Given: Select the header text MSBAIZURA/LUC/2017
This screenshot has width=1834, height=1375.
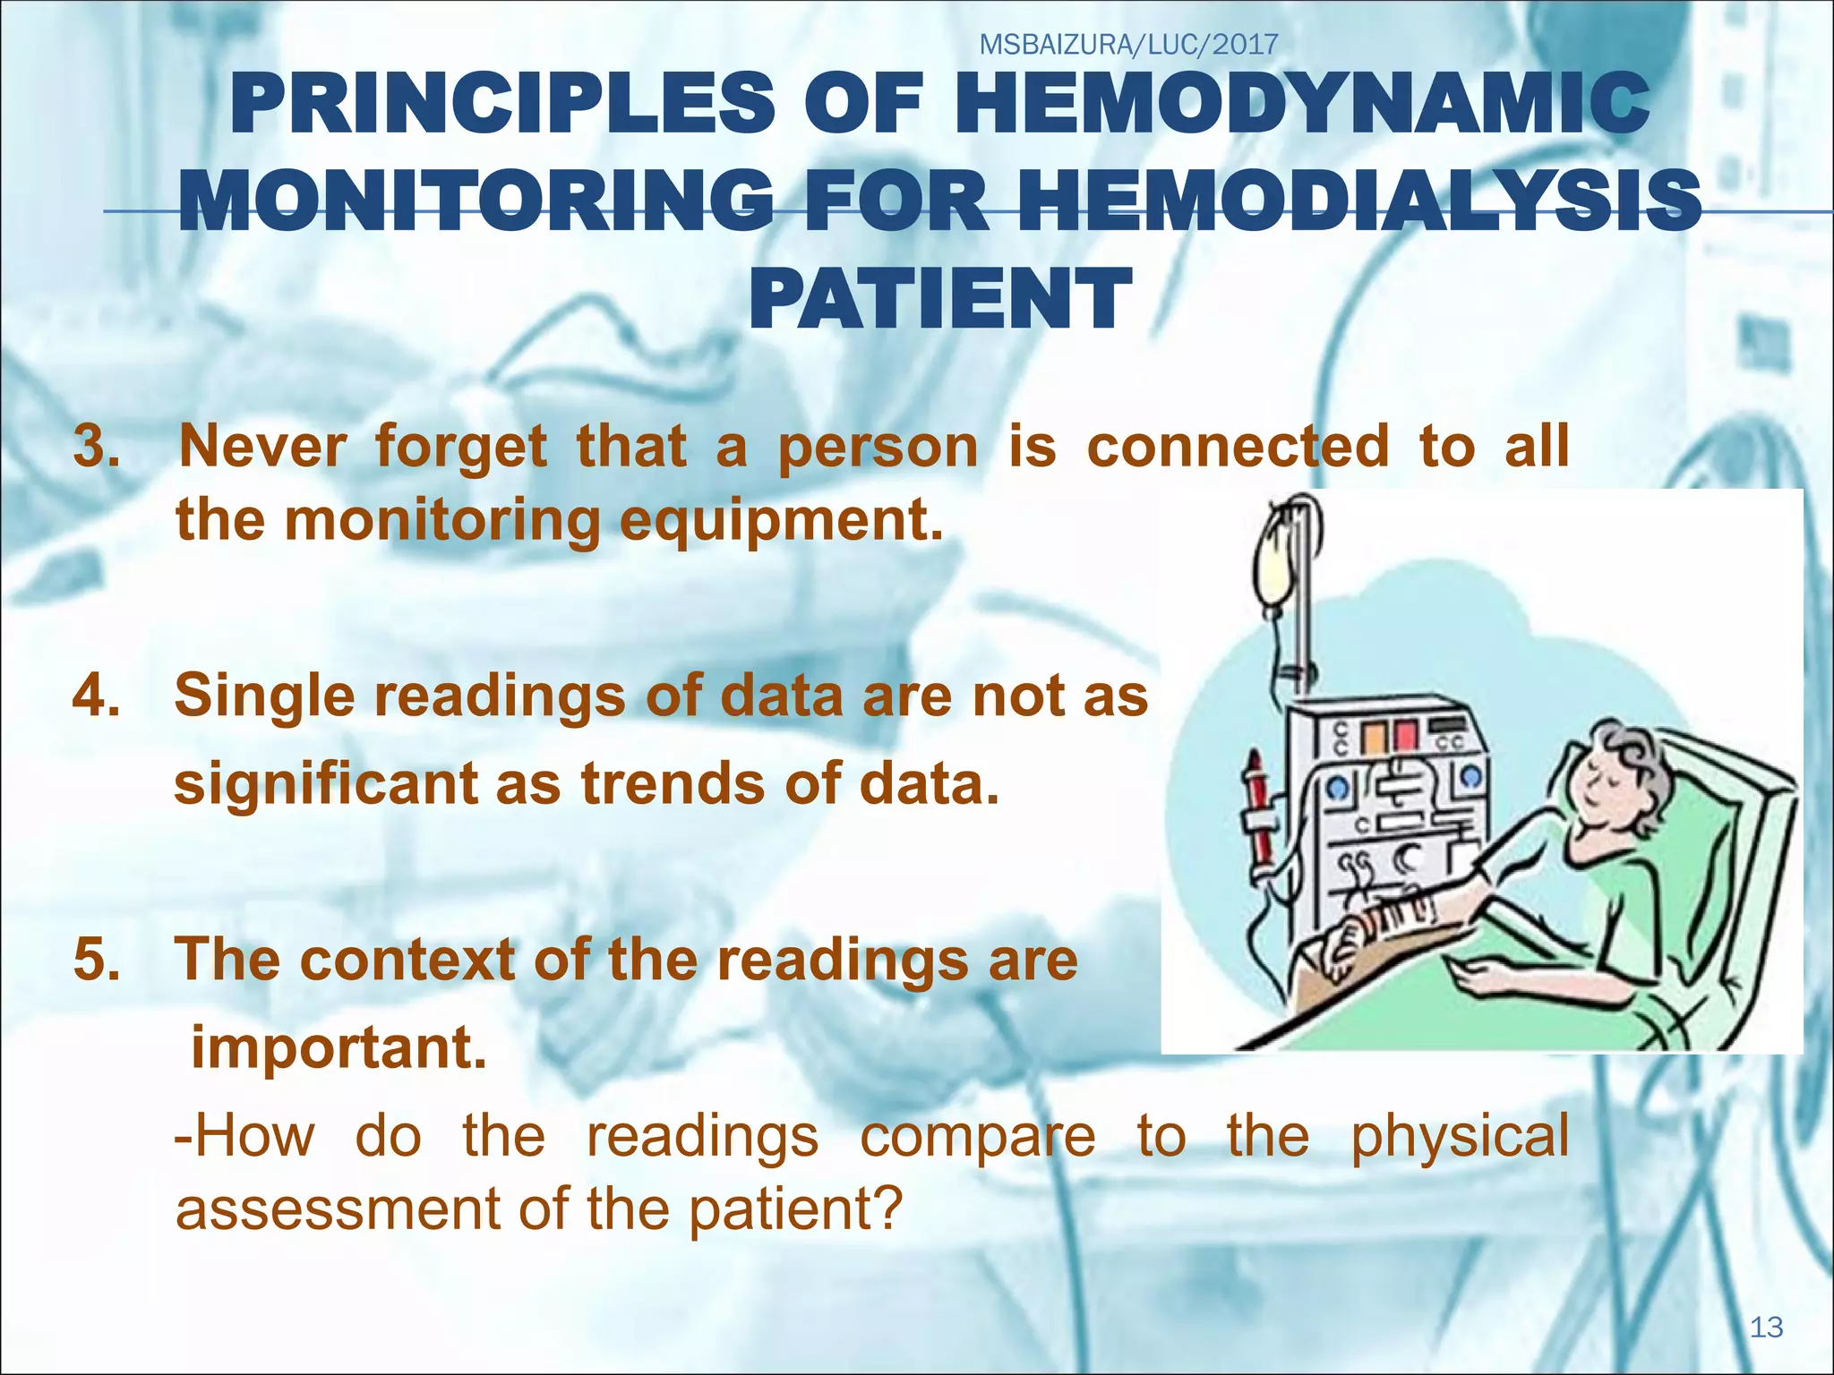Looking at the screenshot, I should [1128, 44].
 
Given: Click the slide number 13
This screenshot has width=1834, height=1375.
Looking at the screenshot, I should [1766, 1327].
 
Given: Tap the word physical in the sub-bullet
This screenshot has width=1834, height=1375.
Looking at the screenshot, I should [1459, 1135].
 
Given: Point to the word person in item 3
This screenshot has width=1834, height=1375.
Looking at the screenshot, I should [878, 446].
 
